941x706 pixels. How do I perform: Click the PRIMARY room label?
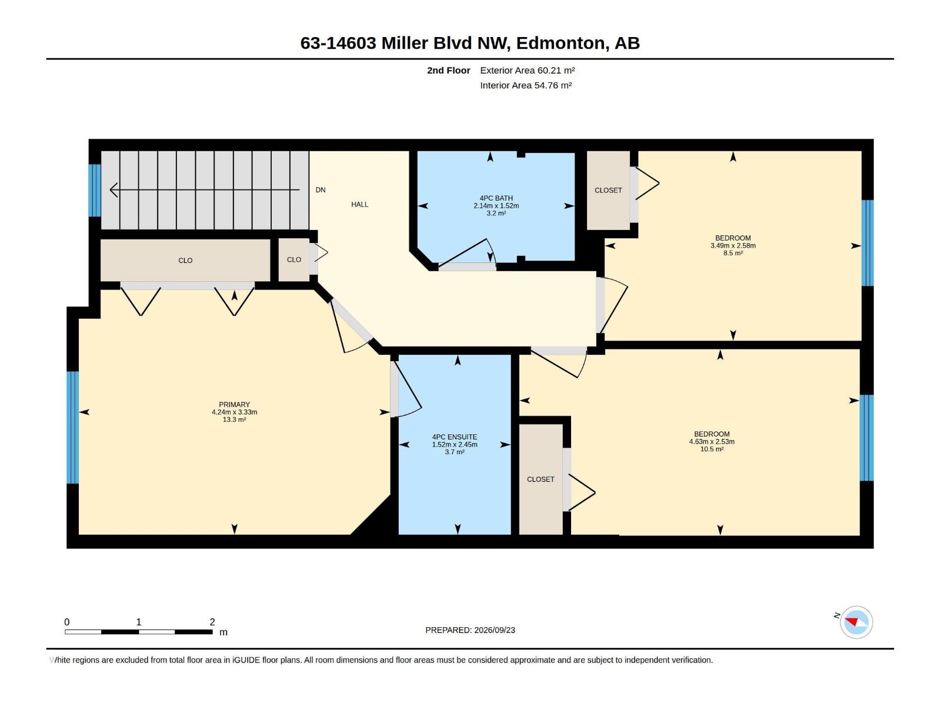[x=234, y=404]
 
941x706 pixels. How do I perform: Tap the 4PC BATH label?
[x=496, y=198]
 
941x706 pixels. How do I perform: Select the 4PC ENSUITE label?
[x=455, y=437]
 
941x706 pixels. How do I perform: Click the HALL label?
[x=360, y=205]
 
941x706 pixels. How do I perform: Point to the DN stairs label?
[x=321, y=190]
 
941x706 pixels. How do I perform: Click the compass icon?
[x=856, y=622]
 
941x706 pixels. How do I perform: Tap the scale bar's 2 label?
[x=212, y=621]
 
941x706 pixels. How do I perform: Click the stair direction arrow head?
[x=114, y=189]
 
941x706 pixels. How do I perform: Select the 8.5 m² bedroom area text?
[x=733, y=253]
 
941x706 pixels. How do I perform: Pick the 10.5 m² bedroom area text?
[x=712, y=449]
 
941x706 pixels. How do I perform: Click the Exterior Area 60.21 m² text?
[x=528, y=70]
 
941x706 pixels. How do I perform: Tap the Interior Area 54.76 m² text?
[x=526, y=85]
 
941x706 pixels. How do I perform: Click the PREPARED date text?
[x=470, y=630]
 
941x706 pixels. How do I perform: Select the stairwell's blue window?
[x=95, y=190]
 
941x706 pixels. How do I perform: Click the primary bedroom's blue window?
[x=73, y=427]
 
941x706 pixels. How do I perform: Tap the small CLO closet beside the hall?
[x=294, y=260]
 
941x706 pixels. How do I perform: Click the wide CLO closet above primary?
[x=185, y=260]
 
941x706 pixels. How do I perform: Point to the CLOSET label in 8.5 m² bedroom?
[x=608, y=190]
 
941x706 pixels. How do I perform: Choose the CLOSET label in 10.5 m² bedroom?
[x=540, y=479]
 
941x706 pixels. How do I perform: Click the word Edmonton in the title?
[x=560, y=44]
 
